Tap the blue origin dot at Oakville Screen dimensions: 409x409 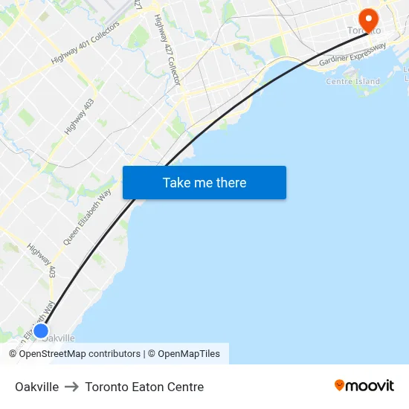tap(41, 331)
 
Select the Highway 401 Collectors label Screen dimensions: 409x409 tap(85, 48)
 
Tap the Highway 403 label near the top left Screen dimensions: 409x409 tap(79, 117)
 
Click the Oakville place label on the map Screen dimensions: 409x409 tap(59, 338)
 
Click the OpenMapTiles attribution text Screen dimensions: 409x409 tap(189, 354)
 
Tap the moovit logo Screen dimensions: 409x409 tap(364, 385)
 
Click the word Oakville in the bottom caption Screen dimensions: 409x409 tap(36, 387)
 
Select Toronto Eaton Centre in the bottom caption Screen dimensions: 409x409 tap(144, 387)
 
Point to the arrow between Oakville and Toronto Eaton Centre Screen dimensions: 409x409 tap(71, 387)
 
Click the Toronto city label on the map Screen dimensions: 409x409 tap(364, 30)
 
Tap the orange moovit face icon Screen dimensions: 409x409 tap(340, 385)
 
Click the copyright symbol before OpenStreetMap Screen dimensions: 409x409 tap(13, 354)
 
